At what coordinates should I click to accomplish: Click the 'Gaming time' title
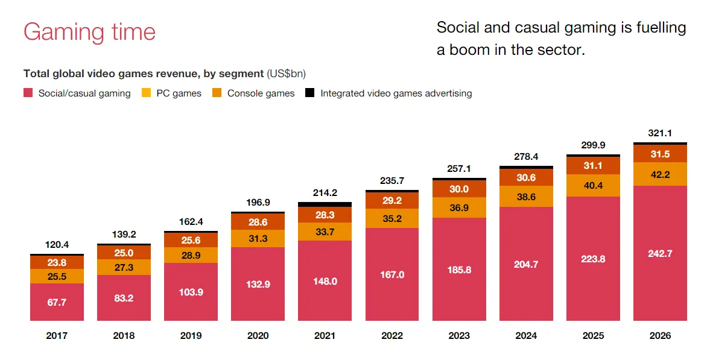tap(89, 31)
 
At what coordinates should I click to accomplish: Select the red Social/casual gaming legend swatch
tap(28, 93)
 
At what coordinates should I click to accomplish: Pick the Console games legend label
tap(261, 93)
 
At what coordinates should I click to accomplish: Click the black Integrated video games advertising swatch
tap(310, 93)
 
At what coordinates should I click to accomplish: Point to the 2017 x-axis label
tap(57, 336)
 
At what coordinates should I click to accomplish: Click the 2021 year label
tap(325, 336)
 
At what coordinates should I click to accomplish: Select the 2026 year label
tap(660, 336)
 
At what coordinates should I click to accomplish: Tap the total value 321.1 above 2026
tap(660, 133)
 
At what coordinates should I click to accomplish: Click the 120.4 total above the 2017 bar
tap(57, 245)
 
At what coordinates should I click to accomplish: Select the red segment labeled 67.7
tap(57, 302)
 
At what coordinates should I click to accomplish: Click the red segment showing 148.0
tap(325, 281)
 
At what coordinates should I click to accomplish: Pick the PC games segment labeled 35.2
tap(392, 218)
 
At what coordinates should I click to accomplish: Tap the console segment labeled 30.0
tap(459, 189)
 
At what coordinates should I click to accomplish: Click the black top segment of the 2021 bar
tap(325, 204)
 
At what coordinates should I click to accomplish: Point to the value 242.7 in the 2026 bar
tap(660, 253)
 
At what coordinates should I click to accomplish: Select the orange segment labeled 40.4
tap(593, 185)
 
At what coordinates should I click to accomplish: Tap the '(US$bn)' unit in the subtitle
tap(286, 74)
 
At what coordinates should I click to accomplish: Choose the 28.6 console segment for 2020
tap(258, 222)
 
